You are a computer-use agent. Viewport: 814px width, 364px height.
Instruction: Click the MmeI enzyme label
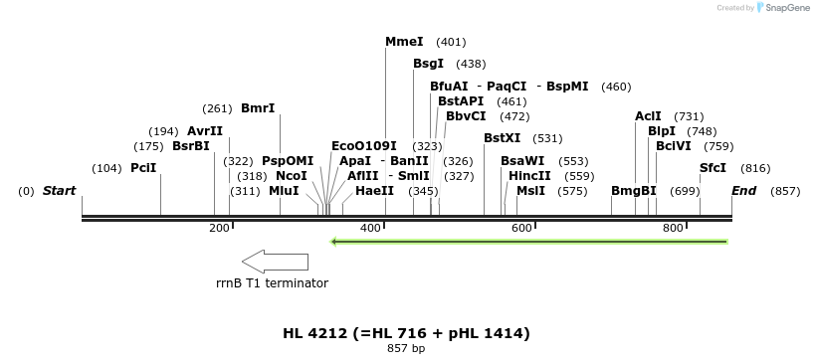(404, 42)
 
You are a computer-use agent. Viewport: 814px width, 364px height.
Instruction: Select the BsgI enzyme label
(428, 64)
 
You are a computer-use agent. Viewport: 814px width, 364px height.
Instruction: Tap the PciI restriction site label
(143, 168)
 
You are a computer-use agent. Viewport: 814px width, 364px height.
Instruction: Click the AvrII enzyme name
(205, 131)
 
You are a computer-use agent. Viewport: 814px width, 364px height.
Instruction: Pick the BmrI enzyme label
(258, 108)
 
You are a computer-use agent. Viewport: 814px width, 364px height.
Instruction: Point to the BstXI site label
(502, 138)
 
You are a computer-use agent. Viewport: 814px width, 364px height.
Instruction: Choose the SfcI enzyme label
(712, 168)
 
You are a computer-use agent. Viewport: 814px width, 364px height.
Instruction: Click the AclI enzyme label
(648, 116)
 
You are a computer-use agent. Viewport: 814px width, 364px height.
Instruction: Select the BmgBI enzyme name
(634, 191)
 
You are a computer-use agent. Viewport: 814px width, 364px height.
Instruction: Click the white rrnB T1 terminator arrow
(275, 262)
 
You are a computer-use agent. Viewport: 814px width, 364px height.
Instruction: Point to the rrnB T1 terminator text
(272, 283)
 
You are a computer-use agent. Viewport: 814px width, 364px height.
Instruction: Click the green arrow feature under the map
(528, 241)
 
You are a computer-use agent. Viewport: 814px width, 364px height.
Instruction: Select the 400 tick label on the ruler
(370, 229)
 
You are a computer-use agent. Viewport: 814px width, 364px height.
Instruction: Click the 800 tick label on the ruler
(673, 229)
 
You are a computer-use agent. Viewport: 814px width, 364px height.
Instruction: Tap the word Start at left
(59, 191)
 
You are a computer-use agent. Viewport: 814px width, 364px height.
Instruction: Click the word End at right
(743, 191)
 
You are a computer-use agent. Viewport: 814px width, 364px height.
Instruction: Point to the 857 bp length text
(406, 349)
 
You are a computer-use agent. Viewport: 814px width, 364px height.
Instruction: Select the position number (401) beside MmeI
(451, 43)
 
